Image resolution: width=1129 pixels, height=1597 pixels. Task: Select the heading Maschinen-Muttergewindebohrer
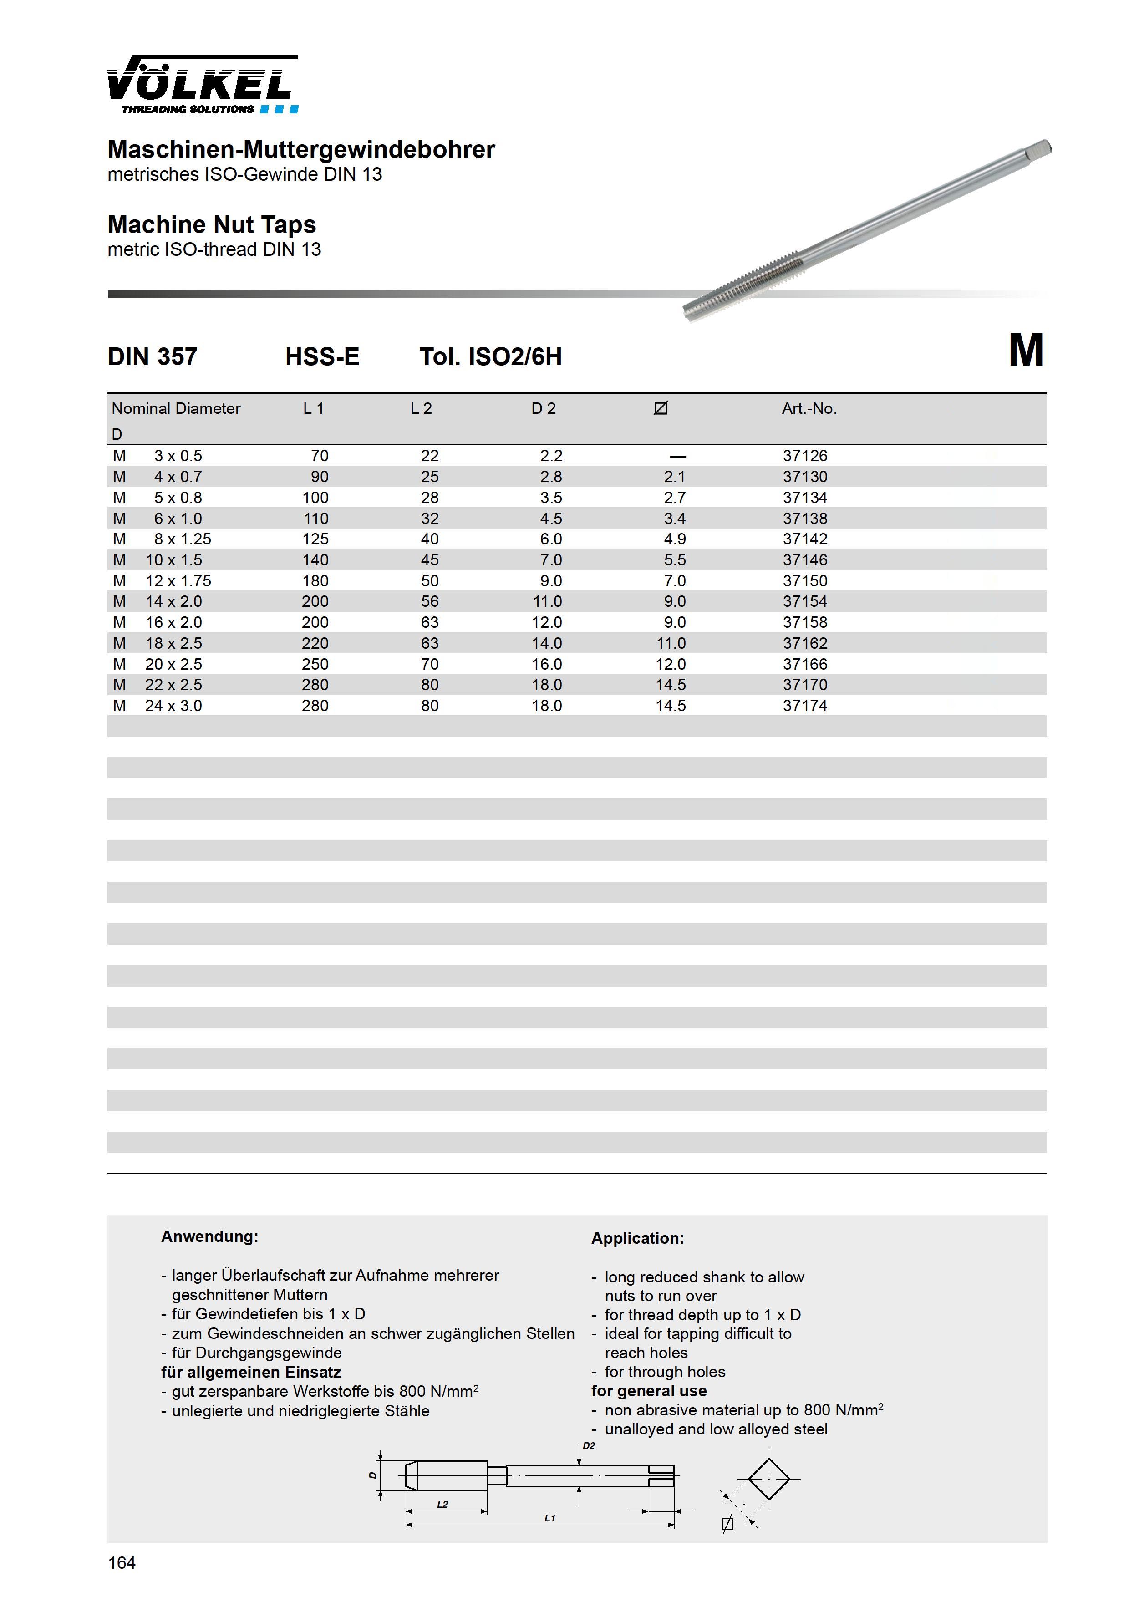301,149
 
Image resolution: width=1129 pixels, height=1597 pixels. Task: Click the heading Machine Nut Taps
212,225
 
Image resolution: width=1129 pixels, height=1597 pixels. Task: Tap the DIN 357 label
153,357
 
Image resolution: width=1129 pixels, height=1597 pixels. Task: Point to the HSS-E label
322,357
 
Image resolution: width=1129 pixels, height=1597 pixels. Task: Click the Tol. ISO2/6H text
490,357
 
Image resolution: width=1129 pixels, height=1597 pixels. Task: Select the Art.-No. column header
809,408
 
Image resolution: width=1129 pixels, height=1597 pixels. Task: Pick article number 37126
805,456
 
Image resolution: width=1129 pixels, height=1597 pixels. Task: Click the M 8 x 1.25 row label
162,539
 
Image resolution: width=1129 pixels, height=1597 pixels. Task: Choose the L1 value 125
315,539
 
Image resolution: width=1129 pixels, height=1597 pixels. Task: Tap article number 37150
805,581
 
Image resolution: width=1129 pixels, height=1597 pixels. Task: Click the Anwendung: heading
209,1236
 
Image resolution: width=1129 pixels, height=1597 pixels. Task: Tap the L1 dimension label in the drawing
549,1518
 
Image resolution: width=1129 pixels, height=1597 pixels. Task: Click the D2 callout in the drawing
589,1444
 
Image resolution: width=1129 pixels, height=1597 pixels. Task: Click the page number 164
122,1563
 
